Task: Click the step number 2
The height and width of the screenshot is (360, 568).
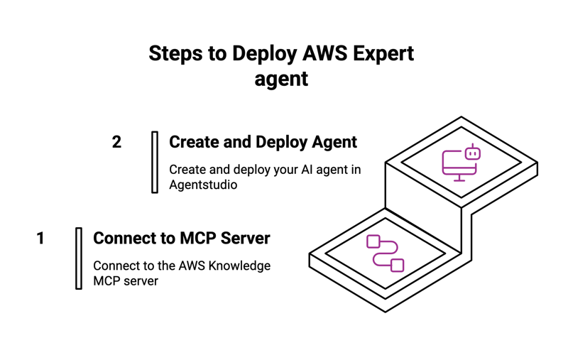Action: tap(117, 142)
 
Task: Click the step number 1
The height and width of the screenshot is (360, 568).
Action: tap(40, 239)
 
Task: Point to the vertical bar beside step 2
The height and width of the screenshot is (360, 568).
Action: tap(155, 162)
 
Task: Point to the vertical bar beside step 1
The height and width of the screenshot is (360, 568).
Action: tap(79, 258)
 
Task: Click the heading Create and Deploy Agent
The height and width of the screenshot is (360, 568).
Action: tap(263, 142)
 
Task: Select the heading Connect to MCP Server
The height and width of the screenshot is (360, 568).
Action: tap(182, 239)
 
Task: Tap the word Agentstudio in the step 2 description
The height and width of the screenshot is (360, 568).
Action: tap(203, 185)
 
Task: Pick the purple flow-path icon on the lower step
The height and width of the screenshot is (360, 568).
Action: tap(385, 253)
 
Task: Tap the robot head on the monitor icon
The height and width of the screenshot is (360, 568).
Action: tap(472, 153)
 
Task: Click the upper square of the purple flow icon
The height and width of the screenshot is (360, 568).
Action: tap(373, 241)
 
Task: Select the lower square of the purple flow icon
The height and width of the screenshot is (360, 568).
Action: tap(398, 265)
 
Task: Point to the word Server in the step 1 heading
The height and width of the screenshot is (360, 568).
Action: tap(245, 239)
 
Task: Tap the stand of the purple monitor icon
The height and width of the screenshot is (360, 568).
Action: tap(459, 178)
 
